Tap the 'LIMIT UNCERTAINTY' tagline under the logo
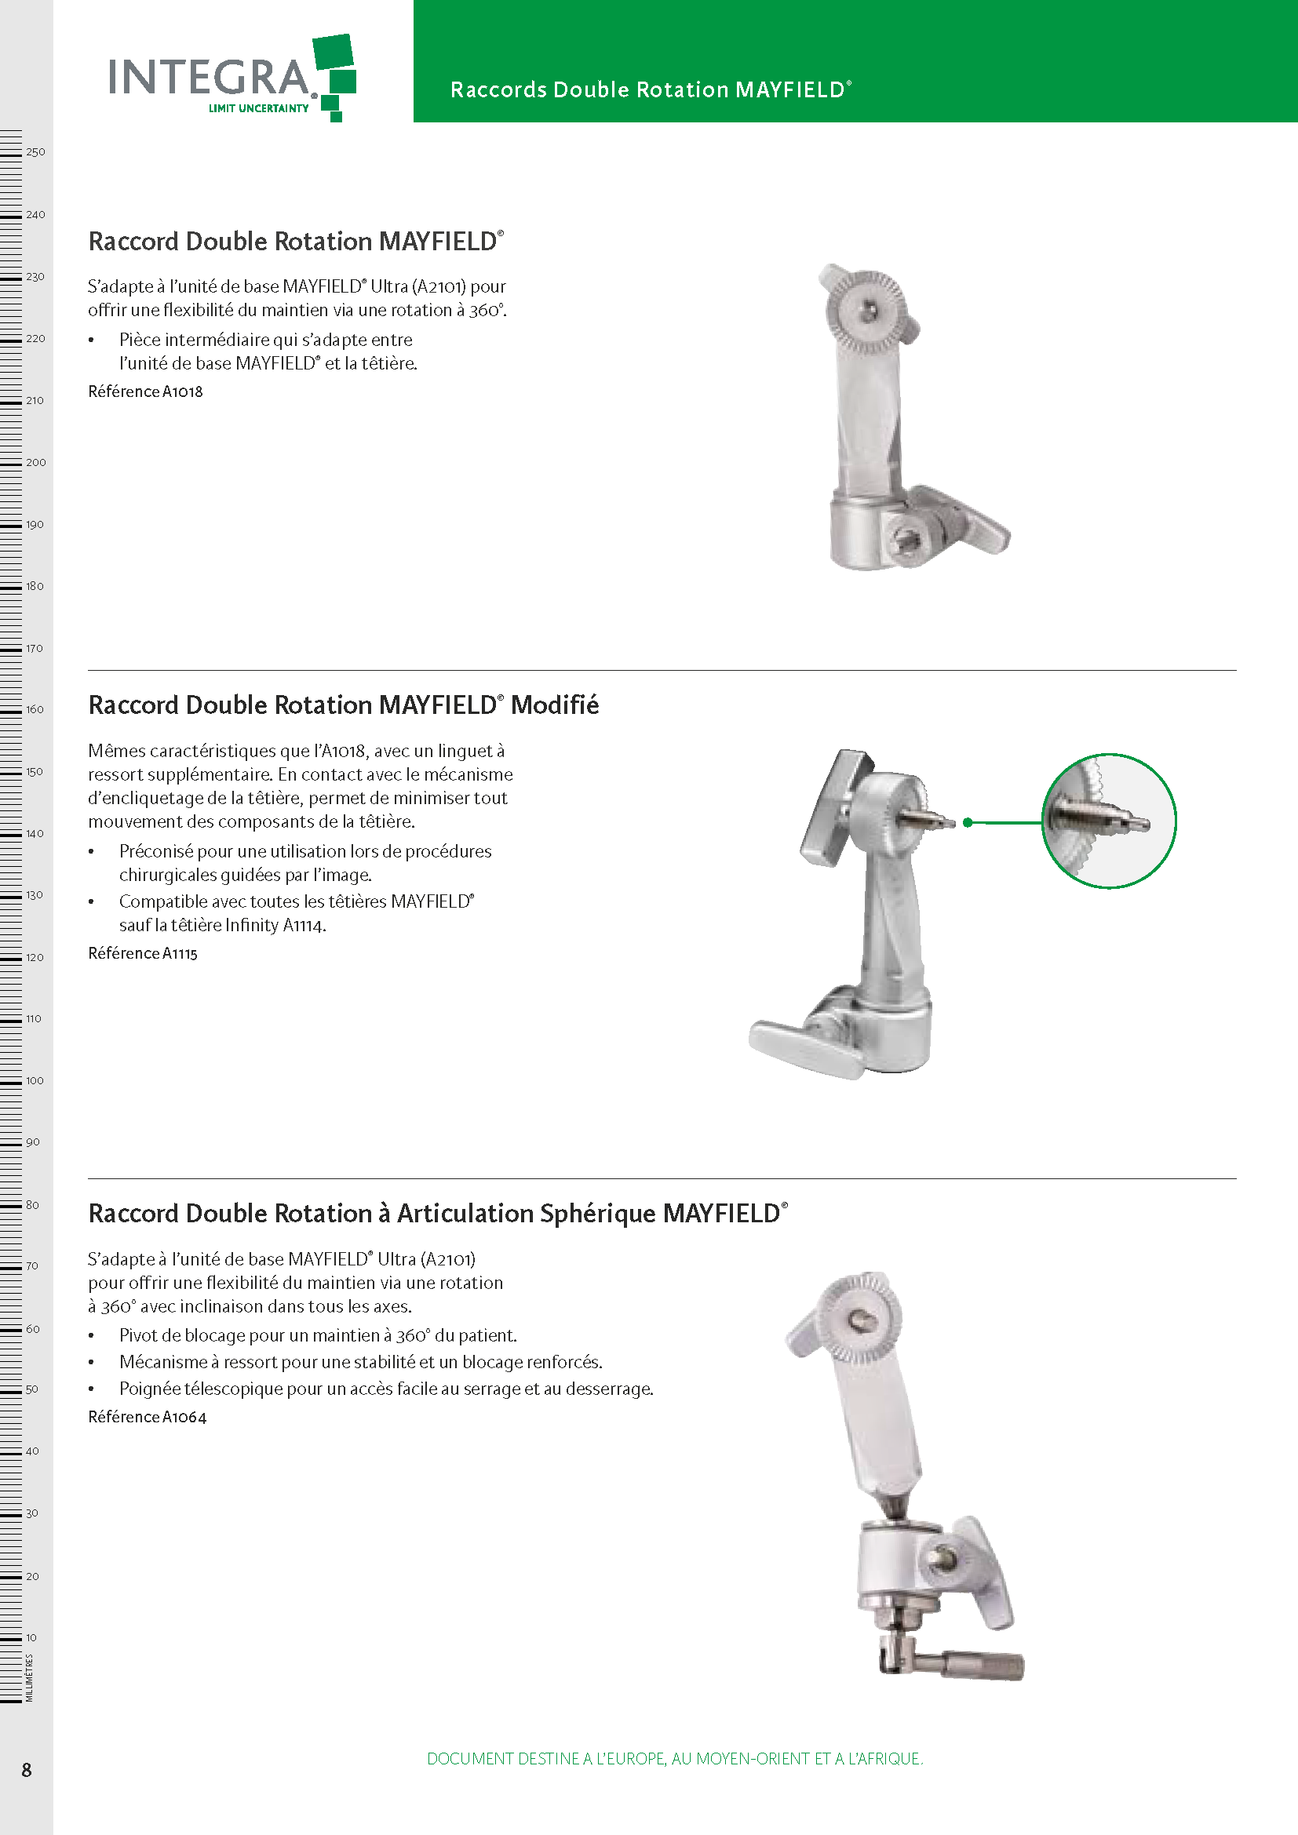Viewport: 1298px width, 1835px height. coord(258,109)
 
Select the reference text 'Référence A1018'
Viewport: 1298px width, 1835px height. coord(145,391)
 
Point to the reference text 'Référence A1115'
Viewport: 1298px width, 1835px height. coord(143,953)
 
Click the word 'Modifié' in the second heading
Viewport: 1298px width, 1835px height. coord(555,705)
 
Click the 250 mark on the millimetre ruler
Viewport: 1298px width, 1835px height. coord(35,152)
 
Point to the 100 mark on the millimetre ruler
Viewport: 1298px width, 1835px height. coord(35,1080)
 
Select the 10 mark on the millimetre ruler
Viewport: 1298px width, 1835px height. coord(31,1637)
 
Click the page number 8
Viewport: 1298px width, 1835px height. coord(27,1770)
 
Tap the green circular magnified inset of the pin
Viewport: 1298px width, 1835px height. coord(1110,821)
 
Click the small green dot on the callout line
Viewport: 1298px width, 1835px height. coord(968,822)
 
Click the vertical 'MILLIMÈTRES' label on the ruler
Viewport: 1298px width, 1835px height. coord(30,1677)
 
